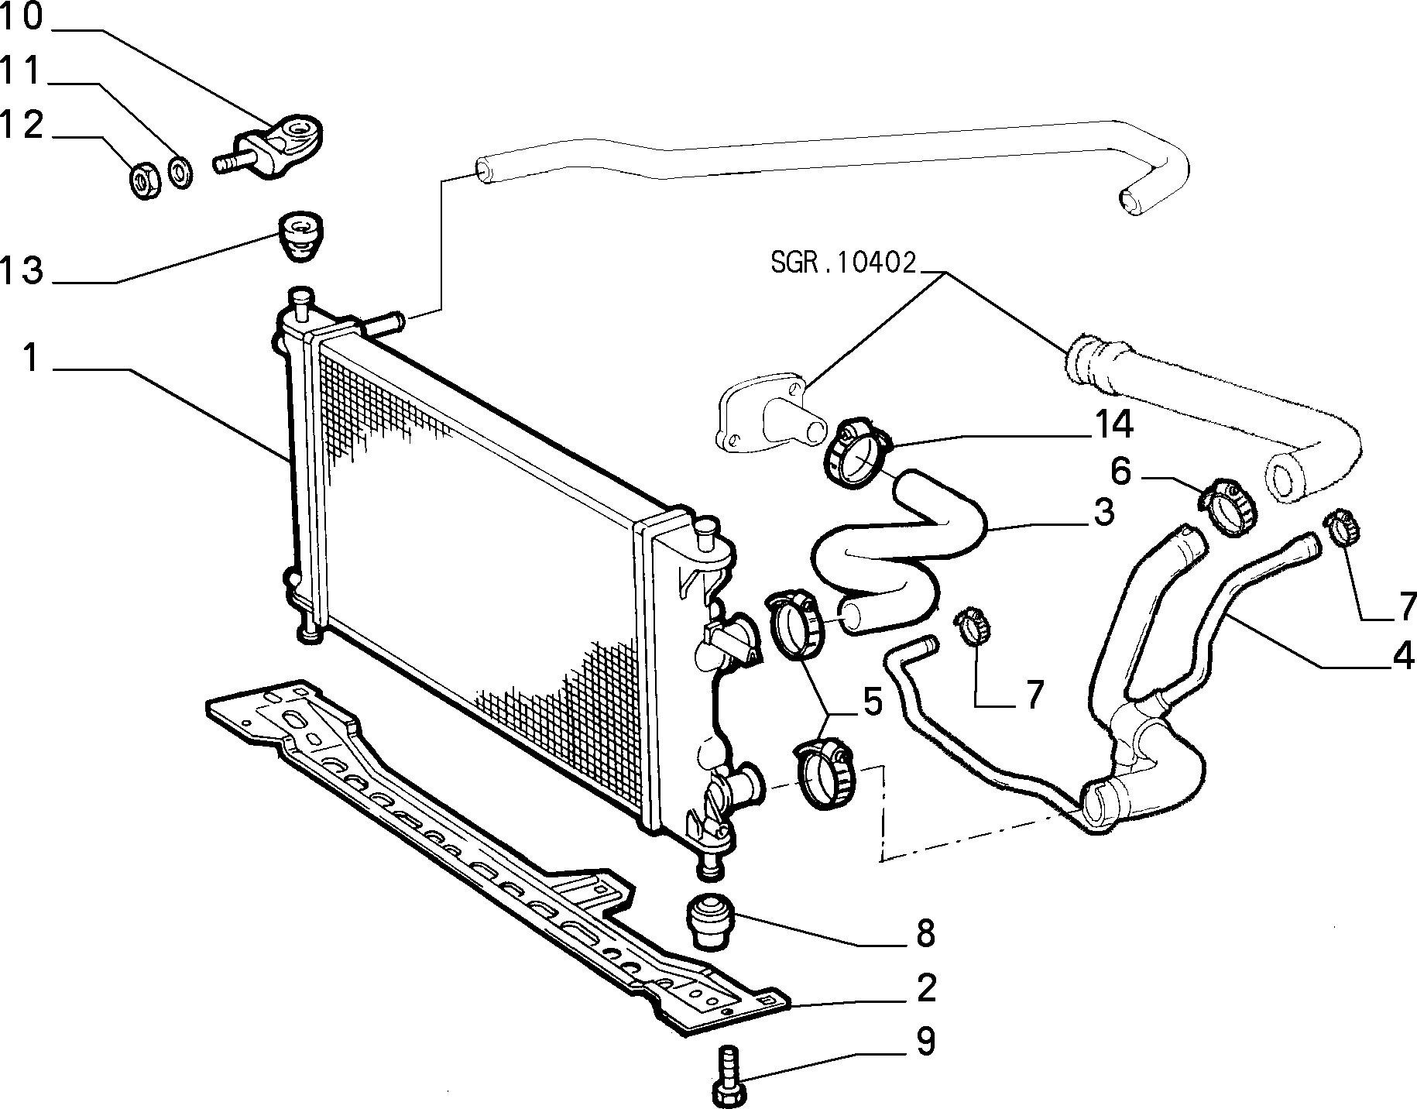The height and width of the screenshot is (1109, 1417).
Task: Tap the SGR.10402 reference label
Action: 843,263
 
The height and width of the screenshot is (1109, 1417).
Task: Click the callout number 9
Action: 926,1042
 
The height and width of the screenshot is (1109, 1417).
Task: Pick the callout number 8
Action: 926,934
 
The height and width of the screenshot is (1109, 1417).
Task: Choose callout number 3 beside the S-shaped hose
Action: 1103,513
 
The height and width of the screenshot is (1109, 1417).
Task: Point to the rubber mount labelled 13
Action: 302,238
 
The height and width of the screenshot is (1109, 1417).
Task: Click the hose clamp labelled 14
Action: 856,451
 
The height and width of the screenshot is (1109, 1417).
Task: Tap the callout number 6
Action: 1121,470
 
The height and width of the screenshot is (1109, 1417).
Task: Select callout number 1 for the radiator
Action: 29,358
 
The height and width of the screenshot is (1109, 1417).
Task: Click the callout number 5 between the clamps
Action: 872,702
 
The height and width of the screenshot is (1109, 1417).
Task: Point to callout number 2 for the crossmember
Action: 926,988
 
